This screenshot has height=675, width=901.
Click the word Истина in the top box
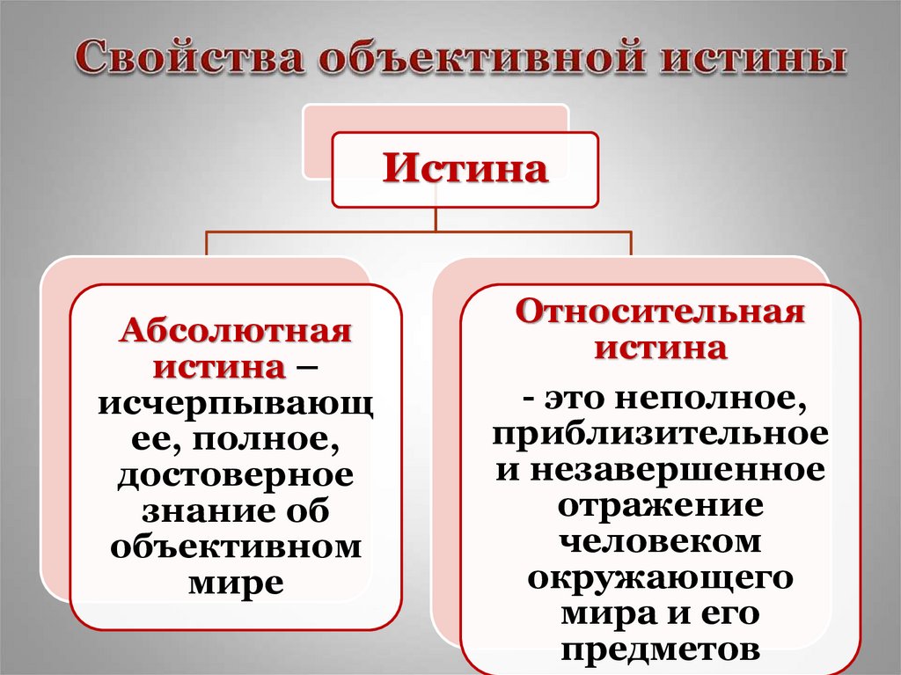(465, 169)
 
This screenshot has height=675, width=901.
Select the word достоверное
(236, 475)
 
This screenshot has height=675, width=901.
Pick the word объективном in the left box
(236, 546)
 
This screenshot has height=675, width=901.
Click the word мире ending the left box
(236, 582)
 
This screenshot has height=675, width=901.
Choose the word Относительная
(660, 312)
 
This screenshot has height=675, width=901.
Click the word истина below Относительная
(660, 348)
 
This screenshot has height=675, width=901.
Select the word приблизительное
(660, 434)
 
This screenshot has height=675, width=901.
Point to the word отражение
(660, 505)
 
